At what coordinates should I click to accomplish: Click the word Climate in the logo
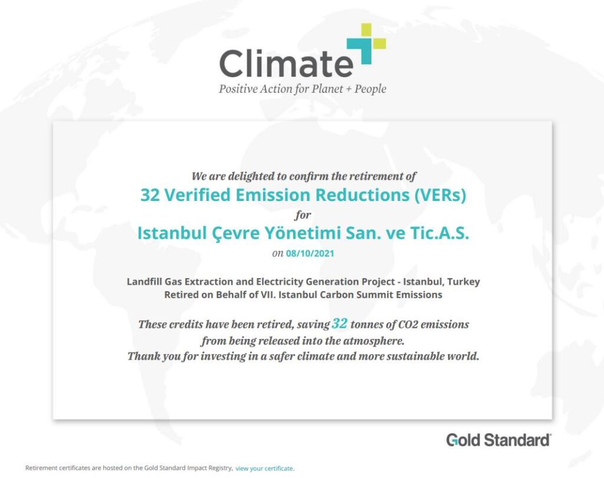click(x=286, y=64)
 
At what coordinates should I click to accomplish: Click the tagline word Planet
click(x=327, y=89)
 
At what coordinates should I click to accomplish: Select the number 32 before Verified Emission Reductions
click(x=150, y=195)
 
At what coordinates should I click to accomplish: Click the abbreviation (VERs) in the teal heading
click(x=440, y=195)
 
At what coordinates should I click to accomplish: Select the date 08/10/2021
click(x=310, y=253)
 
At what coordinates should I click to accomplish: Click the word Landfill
click(x=145, y=282)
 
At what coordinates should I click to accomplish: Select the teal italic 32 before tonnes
click(x=339, y=324)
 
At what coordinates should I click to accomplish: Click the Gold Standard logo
click(x=499, y=440)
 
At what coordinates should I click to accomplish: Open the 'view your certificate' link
click(x=265, y=469)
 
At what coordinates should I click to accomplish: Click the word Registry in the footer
click(x=221, y=468)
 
